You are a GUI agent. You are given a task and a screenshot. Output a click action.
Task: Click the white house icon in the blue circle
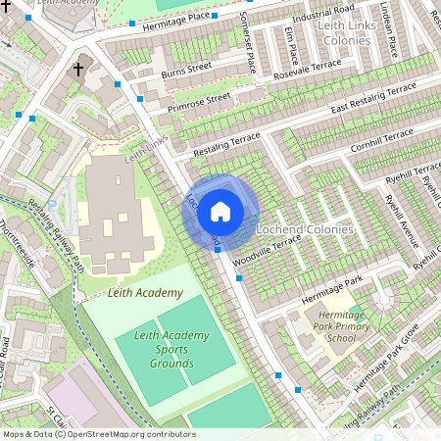coord(220,211)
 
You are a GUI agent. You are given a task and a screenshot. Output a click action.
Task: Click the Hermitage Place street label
coord(175,18)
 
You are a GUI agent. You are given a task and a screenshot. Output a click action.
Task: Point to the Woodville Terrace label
coord(267,253)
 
